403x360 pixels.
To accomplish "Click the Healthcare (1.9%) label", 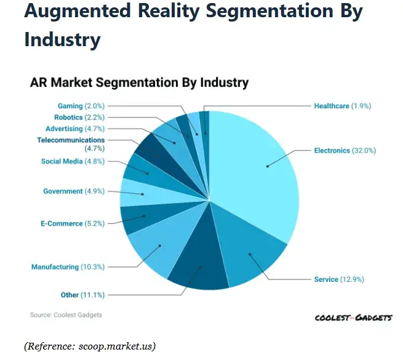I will tap(342, 106).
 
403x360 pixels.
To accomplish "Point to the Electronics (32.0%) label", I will tap(345, 150).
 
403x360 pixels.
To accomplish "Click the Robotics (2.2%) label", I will tap(79, 117).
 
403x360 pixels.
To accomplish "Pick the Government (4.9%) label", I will tap(71, 191).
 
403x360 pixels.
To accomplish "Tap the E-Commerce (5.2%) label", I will tap(68, 223).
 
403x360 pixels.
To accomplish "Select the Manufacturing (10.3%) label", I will tap(68, 267).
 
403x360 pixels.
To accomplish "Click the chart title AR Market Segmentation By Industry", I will tap(139, 82).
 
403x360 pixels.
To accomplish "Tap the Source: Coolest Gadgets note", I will tap(66, 314).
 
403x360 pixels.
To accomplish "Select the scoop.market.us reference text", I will tap(89, 346).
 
